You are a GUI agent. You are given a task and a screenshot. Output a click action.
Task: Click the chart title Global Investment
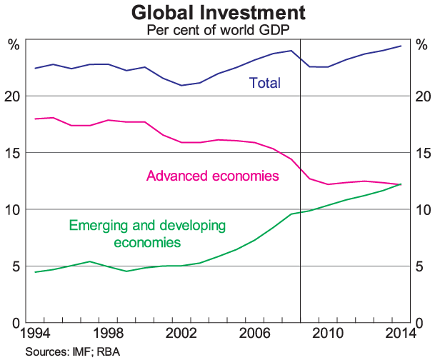click(x=218, y=13)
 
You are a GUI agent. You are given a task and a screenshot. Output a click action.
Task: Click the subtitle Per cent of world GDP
click(x=217, y=31)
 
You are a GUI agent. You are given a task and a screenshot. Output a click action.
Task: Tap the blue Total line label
click(x=264, y=83)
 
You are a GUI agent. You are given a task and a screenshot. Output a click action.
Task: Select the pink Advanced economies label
click(x=212, y=175)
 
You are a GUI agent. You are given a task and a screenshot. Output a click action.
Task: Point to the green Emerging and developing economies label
click(x=147, y=234)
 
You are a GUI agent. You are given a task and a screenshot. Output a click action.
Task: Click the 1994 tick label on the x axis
click(x=35, y=334)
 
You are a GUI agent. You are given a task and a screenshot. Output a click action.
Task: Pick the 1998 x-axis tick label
click(x=109, y=334)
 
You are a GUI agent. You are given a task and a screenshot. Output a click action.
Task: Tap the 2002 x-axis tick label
click(x=181, y=334)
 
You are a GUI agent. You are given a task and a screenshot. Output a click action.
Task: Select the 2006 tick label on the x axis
click(x=255, y=334)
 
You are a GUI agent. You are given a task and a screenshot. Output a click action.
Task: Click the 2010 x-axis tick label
click(x=328, y=334)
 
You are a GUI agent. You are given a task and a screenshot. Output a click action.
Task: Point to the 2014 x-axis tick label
click(x=401, y=334)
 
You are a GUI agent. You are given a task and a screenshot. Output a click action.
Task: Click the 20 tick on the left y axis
click(x=15, y=96)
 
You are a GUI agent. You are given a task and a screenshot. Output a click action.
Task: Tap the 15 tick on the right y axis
click(x=422, y=153)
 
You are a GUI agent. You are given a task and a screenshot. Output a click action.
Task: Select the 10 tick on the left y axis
click(x=15, y=209)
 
